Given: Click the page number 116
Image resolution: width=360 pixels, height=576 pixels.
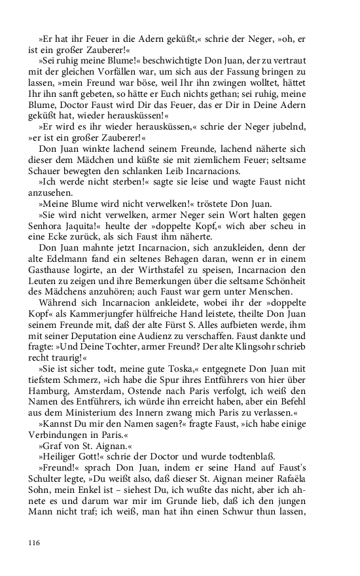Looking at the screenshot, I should click(x=35, y=542).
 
